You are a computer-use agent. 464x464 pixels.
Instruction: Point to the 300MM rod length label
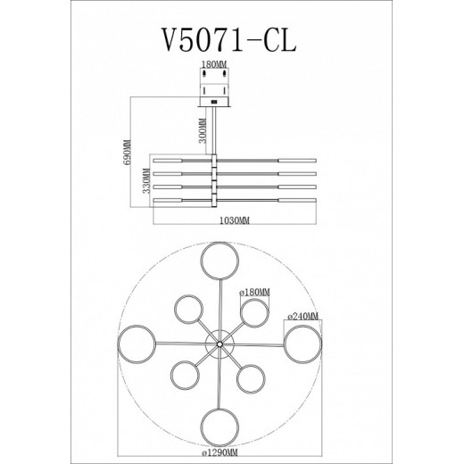(x=204, y=130)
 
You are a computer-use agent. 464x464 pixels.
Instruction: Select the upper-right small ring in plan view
(x=254, y=313)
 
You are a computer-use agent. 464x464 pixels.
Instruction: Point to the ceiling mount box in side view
(x=213, y=87)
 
